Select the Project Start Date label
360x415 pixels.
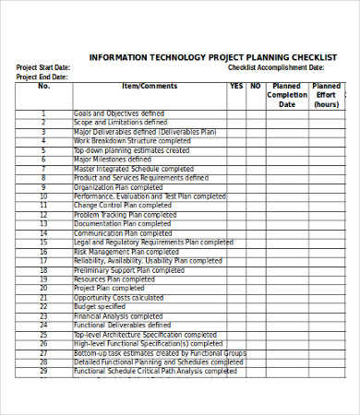point(43,67)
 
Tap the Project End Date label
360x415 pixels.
point(42,77)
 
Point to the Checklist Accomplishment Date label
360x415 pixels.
point(276,67)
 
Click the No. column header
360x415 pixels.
point(43,87)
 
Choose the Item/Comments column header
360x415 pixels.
point(150,87)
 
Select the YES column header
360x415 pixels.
point(236,87)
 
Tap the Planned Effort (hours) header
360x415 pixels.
point(326,95)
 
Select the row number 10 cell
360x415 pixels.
point(43,196)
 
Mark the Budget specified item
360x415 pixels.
point(99,306)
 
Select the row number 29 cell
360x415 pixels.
point(43,371)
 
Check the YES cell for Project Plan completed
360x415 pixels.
point(236,288)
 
